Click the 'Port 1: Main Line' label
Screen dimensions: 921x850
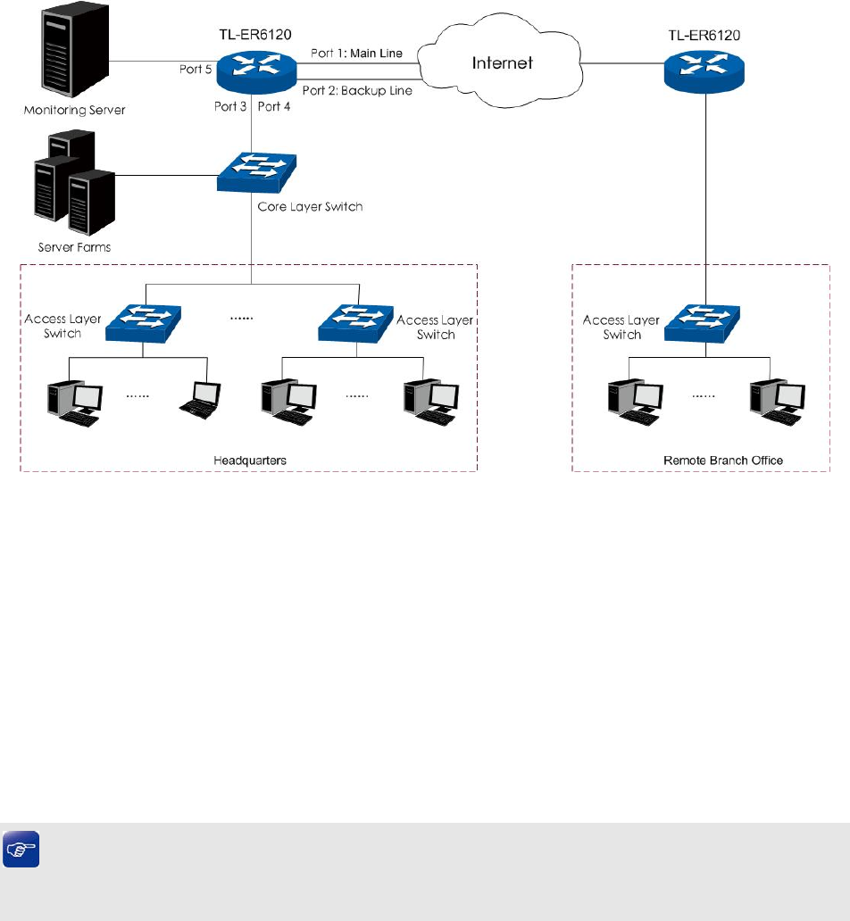point(356,54)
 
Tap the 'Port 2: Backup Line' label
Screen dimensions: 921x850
point(357,90)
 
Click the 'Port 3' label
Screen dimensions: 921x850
point(229,107)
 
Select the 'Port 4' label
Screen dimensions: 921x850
point(274,107)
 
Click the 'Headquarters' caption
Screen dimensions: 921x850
point(249,460)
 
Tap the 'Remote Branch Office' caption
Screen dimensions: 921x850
point(723,460)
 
